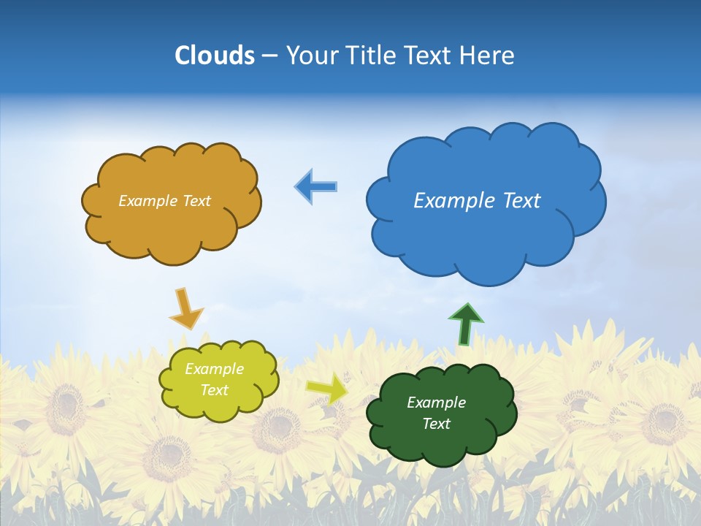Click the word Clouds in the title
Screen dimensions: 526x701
coord(214,56)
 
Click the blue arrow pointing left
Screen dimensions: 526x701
coord(316,186)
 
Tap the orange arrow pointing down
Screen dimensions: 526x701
coord(186,308)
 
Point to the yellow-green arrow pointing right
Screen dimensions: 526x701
coord(326,389)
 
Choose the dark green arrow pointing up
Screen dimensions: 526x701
coord(465,324)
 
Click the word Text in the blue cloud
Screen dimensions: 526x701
coord(521,201)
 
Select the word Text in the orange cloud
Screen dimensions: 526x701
coord(196,201)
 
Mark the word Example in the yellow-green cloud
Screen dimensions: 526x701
coord(214,369)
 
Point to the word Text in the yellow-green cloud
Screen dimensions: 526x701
coord(214,390)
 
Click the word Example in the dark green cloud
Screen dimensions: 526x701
coord(436,403)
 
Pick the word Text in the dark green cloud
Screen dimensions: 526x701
coord(436,424)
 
